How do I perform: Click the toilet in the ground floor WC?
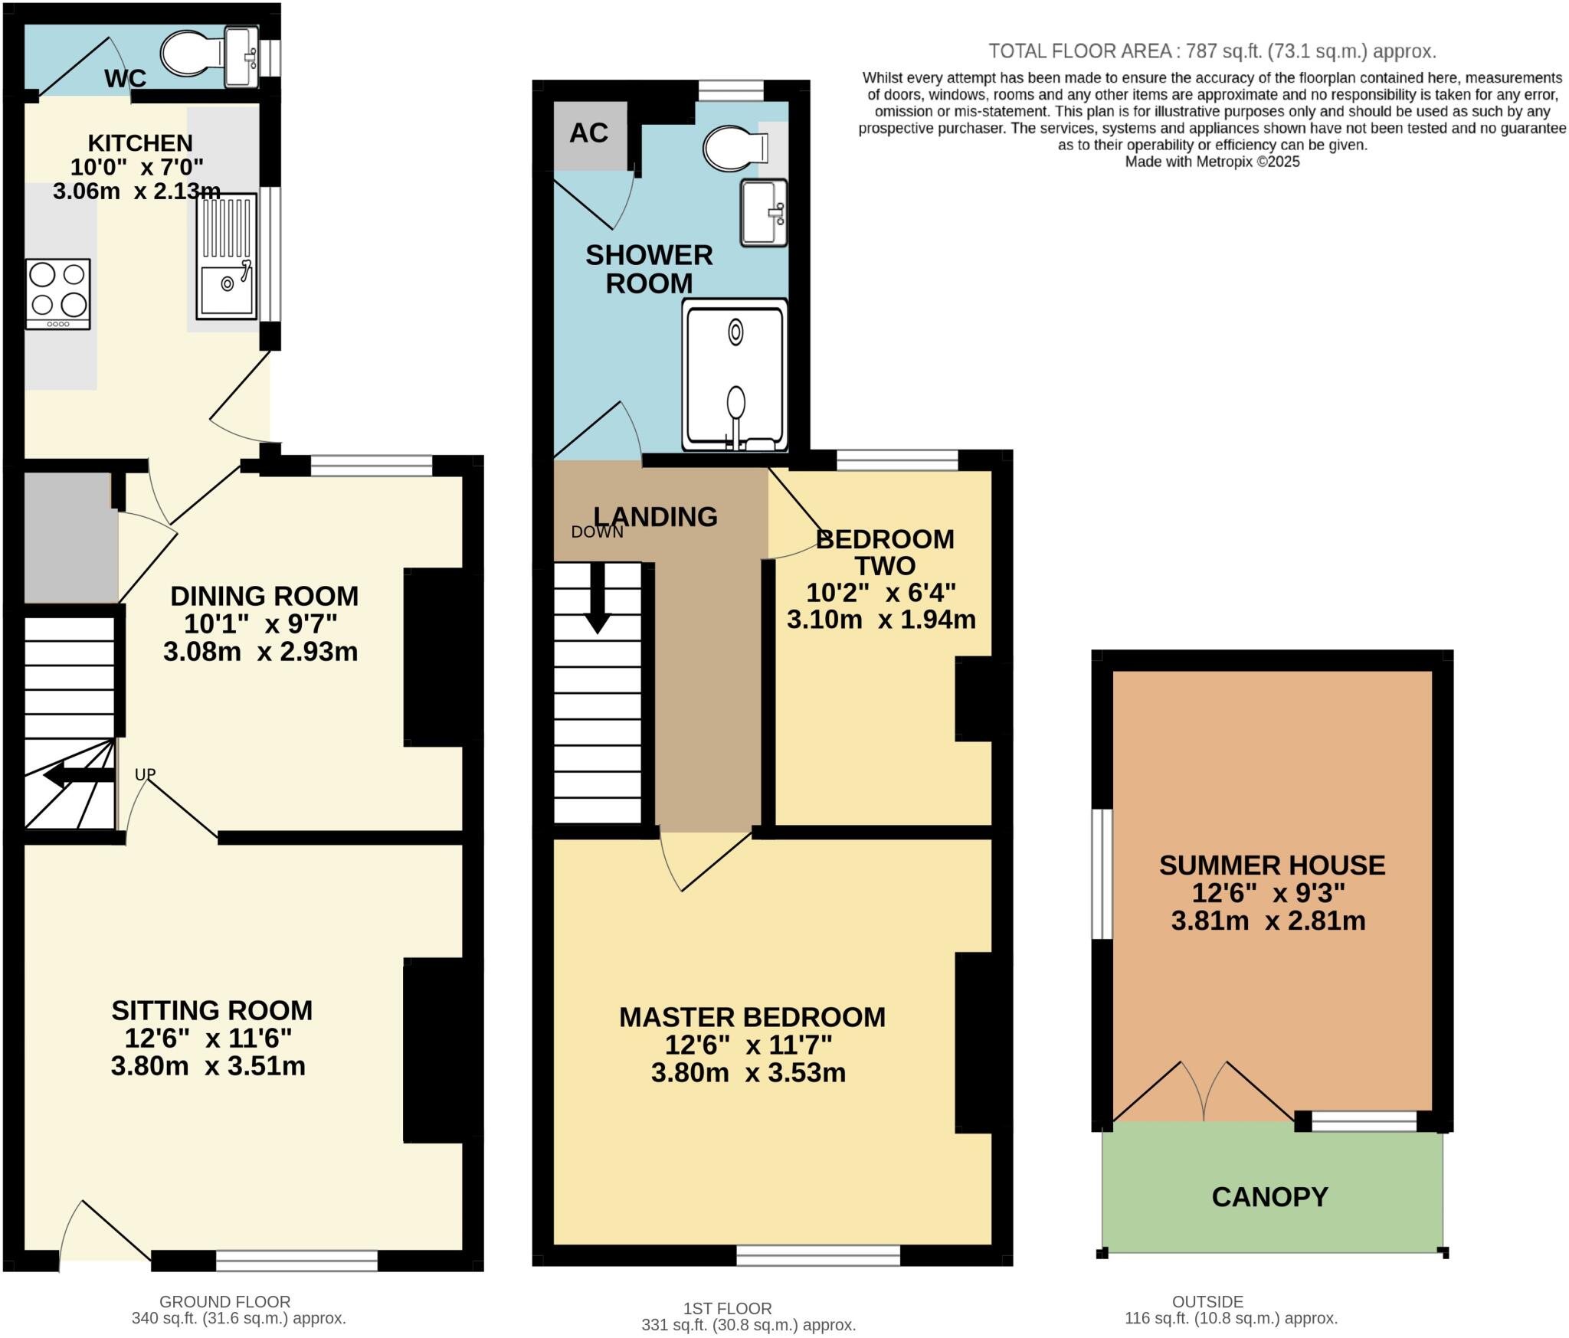[192, 54]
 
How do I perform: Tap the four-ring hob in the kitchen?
[57, 294]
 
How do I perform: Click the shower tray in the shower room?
[735, 375]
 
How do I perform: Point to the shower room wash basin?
[763, 212]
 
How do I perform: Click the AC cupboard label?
[588, 133]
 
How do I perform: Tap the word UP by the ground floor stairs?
[145, 774]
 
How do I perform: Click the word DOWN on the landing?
[597, 532]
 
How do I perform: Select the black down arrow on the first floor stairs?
[597, 597]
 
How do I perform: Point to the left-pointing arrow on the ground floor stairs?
[79, 776]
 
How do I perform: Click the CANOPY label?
[1269, 1197]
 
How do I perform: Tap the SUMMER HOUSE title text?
[1272, 865]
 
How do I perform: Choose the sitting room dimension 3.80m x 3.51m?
[208, 1066]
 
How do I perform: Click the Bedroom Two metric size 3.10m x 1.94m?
[881, 620]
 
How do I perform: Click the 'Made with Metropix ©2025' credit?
[1212, 162]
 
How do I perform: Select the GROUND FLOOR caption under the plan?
[224, 1302]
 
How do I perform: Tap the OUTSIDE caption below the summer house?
[1207, 1302]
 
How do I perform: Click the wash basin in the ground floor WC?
[242, 57]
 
